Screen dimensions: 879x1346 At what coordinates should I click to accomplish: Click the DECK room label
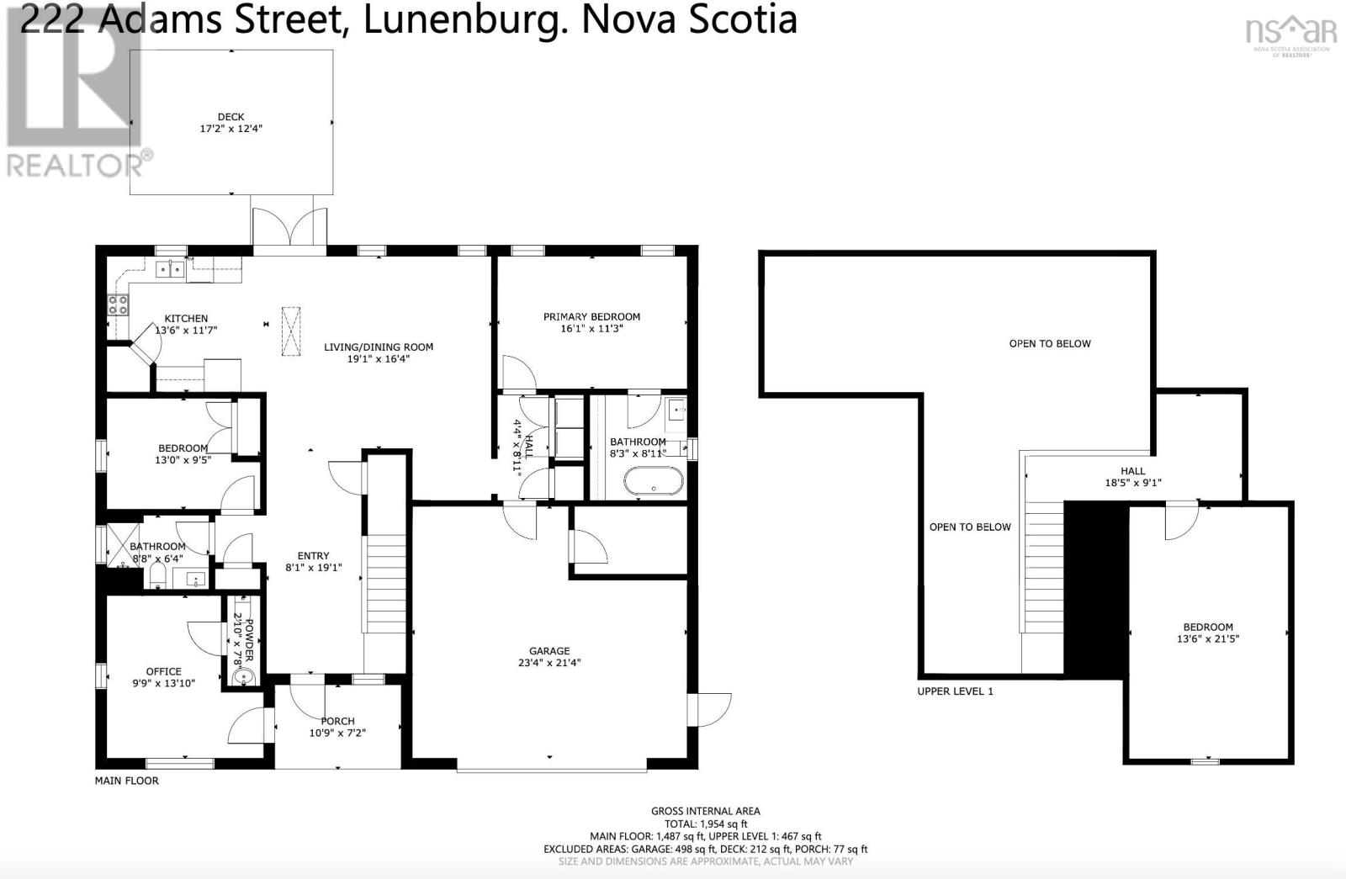tap(231, 117)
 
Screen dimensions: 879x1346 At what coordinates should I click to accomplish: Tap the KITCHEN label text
tap(186, 318)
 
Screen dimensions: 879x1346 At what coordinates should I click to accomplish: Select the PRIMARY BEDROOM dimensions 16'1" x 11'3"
tap(591, 329)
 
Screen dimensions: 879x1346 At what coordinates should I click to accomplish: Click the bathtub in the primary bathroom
tap(654, 482)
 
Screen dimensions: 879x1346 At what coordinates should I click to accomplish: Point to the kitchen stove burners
tap(117, 304)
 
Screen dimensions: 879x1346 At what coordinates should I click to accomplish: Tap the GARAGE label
tap(549, 650)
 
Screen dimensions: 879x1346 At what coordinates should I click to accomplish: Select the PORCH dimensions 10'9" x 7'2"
tap(337, 733)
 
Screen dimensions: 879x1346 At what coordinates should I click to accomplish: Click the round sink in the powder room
tap(244, 676)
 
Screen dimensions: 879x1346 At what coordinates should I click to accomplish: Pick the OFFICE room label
tap(163, 671)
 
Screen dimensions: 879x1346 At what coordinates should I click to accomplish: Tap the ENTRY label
tap(313, 555)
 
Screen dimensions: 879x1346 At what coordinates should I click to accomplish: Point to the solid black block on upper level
tap(1095, 589)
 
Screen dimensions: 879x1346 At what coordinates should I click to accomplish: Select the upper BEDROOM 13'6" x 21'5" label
tap(1207, 633)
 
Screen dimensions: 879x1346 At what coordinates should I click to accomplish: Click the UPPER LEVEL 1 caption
tap(955, 691)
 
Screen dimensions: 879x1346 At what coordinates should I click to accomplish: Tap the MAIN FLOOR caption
tap(126, 781)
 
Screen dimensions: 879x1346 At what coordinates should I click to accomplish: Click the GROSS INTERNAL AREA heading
tap(705, 811)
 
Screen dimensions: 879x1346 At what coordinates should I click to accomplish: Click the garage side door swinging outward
tap(712, 709)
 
